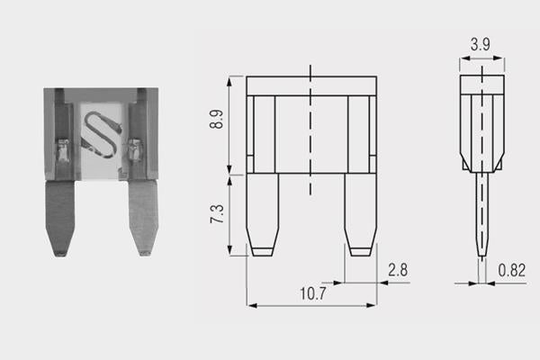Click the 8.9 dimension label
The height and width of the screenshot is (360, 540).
(x=216, y=119)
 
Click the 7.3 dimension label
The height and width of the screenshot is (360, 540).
(x=217, y=213)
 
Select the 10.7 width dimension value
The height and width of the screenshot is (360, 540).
(x=312, y=293)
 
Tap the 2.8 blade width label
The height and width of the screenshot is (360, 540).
(x=398, y=270)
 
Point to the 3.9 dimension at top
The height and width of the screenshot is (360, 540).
(x=480, y=44)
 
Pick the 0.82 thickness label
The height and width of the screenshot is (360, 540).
(x=512, y=270)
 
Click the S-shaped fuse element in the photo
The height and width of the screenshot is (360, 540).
(x=102, y=134)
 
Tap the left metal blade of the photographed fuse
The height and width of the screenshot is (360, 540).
(x=60, y=219)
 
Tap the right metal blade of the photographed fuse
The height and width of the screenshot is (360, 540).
(x=143, y=218)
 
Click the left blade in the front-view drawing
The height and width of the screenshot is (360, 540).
(x=263, y=214)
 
